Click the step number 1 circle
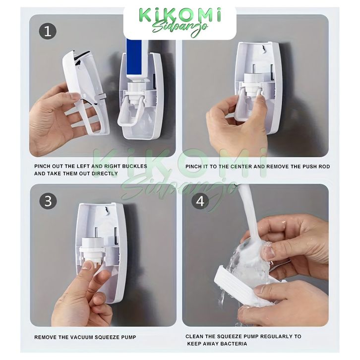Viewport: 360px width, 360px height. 48,31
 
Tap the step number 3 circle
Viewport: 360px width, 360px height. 48,201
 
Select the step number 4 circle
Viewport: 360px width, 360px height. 200,201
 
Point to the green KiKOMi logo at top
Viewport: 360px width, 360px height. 180,15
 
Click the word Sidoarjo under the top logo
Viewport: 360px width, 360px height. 180,28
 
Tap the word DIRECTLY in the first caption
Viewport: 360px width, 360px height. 105,174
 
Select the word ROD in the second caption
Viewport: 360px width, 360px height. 324,167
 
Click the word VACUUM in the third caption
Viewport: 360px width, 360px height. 82,337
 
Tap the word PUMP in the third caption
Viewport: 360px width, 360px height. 128,337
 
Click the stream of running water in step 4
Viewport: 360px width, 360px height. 248,218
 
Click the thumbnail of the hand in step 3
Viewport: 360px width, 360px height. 87,265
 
